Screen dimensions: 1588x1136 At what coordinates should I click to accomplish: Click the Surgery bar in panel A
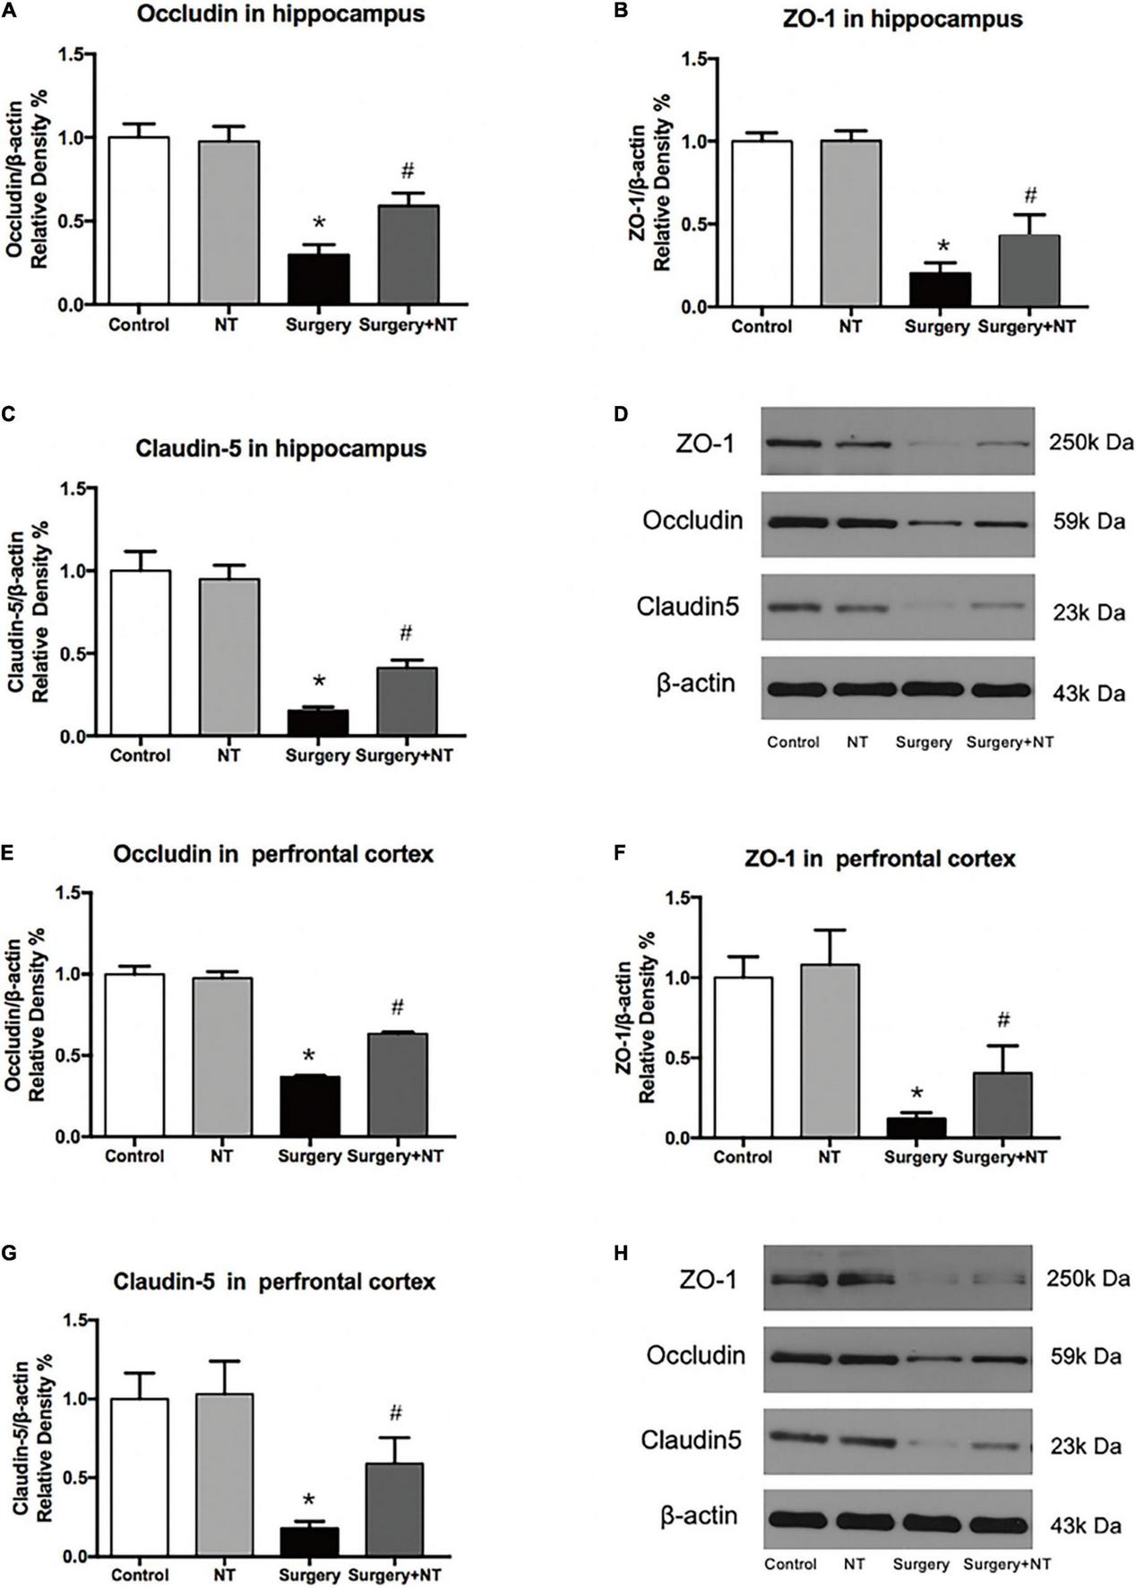pos(318,280)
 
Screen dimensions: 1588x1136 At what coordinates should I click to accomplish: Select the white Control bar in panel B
pos(761,224)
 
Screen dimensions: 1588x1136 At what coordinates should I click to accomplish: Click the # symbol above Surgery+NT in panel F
pos(1003,1020)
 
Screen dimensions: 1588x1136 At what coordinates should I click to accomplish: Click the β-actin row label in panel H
pos(699,1515)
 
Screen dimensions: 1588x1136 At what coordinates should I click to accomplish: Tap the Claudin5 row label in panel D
pos(688,607)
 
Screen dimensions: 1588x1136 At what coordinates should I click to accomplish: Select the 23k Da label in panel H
pos(1085,1447)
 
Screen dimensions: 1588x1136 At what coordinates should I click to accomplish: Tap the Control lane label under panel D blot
pos(793,742)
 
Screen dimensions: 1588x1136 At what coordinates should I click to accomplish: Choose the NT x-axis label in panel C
pos(228,755)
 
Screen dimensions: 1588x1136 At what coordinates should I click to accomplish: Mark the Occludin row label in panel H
pos(695,1355)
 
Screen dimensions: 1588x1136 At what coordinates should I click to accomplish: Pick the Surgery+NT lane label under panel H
pos(1007,1564)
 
